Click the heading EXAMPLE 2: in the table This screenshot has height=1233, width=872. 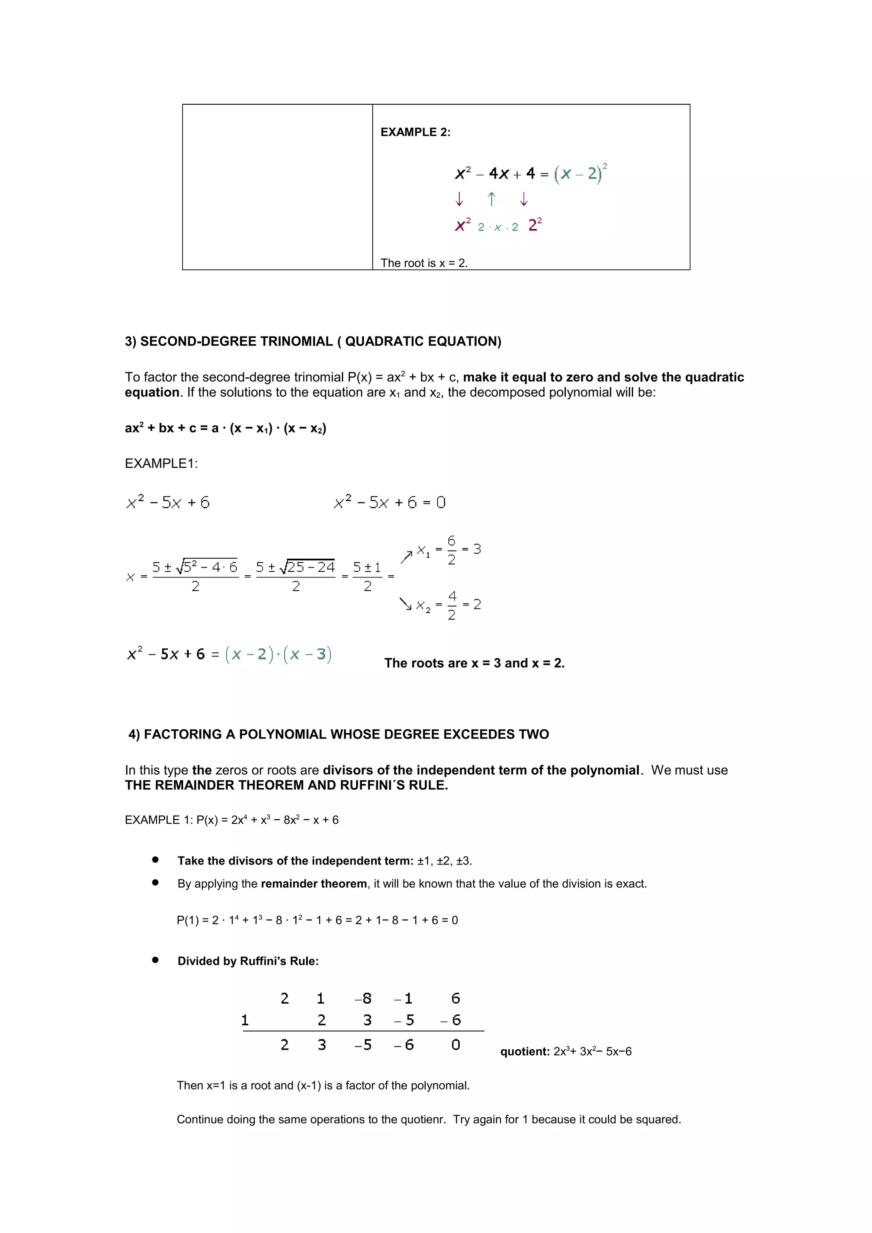pos(415,132)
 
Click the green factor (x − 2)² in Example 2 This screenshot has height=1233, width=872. pos(580,174)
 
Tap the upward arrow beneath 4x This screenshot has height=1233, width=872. pos(491,199)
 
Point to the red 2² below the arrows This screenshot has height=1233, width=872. pos(535,225)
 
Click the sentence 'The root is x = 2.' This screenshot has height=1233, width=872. pos(424,263)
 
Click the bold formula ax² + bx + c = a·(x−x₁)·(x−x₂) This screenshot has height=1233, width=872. pos(226,428)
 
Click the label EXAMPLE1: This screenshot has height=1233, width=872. pos(161,463)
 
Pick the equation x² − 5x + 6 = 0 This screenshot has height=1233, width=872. pos(390,502)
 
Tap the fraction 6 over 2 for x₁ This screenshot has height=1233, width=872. pos(451,549)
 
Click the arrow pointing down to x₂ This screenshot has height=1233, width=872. pos(405,604)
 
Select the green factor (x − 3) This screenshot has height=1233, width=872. pos(307,654)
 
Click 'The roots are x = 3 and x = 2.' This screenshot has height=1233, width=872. pos(474,663)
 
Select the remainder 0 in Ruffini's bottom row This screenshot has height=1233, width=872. pos(456,1045)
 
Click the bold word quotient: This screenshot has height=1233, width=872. pos(525,1051)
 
